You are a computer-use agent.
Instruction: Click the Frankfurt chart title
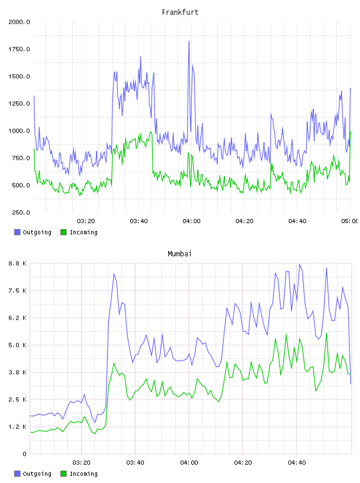click(180, 12)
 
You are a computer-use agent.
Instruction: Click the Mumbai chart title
click(179, 254)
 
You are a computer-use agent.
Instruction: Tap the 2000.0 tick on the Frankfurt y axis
click(19, 22)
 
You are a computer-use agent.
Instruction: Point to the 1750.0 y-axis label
click(19, 49)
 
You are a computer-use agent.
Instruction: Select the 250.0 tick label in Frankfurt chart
click(21, 212)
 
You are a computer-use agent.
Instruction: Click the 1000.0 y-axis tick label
click(19, 131)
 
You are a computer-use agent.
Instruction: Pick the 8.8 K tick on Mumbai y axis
click(18, 263)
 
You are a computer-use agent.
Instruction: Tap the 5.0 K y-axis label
click(18, 345)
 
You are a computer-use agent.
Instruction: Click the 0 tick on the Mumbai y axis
click(24, 454)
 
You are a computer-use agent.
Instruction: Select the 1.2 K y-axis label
click(18, 427)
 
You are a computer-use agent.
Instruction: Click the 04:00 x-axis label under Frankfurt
click(191, 221)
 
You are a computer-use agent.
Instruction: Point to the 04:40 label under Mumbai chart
click(297, 463)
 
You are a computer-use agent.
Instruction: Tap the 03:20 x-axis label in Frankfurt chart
click(86, 221)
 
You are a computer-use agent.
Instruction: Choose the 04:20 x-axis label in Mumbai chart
click(243, 463)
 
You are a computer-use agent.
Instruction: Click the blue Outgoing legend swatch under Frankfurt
click(17, 232)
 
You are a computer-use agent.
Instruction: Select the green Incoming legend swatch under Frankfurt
click(63, 232)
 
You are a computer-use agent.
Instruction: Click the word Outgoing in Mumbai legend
click(37, 474)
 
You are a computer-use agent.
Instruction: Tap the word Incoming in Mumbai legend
click(83, 474)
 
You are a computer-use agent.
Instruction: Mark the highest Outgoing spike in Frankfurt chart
click(189, 41)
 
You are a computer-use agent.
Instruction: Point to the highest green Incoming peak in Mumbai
click(326, 333)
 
